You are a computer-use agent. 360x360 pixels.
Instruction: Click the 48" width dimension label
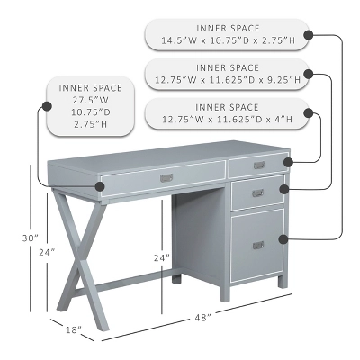202,318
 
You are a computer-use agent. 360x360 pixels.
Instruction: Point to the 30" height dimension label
31,238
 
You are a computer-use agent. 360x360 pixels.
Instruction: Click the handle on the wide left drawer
166,178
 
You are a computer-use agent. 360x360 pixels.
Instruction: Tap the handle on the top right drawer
259,166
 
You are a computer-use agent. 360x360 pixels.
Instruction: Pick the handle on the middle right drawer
257,193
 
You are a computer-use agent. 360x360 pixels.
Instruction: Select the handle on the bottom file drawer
257,245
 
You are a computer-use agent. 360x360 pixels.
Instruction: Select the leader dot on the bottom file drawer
283,238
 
